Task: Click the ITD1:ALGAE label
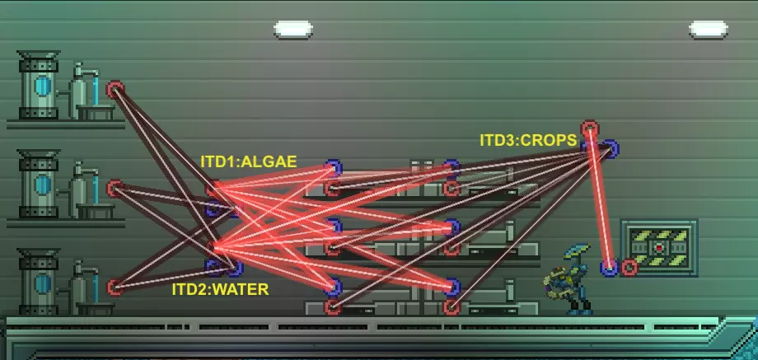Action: pos(249,161)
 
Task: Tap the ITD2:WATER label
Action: pos(221,289)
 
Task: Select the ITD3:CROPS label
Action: pos(528,140)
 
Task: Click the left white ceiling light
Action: pos(293,30)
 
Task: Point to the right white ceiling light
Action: pos(709,30)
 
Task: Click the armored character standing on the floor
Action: pos(569,279)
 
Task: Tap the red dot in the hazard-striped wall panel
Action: pos(659,248)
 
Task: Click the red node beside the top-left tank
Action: pos(115,90)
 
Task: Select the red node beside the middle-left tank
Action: pos(115,189)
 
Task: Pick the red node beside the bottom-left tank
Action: pos(115,287)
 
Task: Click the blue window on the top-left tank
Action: pos(43,86)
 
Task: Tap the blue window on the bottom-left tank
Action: pos(43,283)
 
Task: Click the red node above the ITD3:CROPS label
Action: pos(590,129)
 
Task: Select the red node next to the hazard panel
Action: pos(629,267)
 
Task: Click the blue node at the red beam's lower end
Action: pos(609,267)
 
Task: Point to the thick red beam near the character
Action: pos(600,198)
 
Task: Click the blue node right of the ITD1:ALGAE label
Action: pos(333,168)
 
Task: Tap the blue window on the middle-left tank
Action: pos(43,185)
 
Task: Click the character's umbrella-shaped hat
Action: pos(578,250)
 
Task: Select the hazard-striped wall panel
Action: pos(659,248)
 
